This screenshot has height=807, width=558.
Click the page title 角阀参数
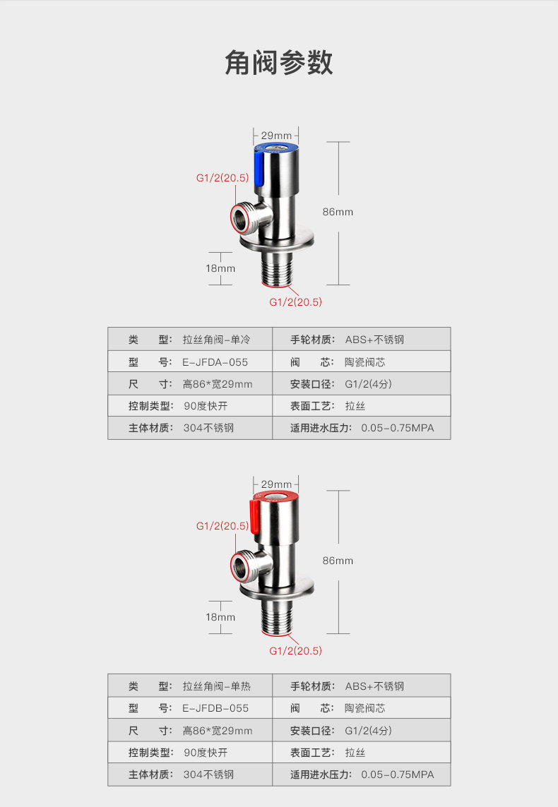click(278, 63)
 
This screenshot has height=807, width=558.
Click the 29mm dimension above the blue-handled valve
click(276, 136)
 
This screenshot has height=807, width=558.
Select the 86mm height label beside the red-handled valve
click(338, 561)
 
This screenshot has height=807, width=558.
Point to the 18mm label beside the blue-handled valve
click(220, 268)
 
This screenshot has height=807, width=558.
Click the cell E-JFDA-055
click(215, 362)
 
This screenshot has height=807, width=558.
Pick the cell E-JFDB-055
click(215, 708)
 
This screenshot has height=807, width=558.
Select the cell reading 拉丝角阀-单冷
click(216, 340)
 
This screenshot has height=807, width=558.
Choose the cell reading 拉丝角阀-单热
click(216, 686)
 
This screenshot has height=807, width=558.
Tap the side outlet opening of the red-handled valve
click(243, 564)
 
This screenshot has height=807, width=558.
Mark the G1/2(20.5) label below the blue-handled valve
click(295, 302)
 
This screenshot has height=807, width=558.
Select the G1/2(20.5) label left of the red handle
click(222, 526)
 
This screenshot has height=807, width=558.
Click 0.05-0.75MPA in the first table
click(398, 428)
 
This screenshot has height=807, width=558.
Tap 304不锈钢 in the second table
click(208, 775)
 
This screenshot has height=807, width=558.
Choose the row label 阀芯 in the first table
click(307, 362)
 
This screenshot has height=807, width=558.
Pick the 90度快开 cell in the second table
click(206, 753)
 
